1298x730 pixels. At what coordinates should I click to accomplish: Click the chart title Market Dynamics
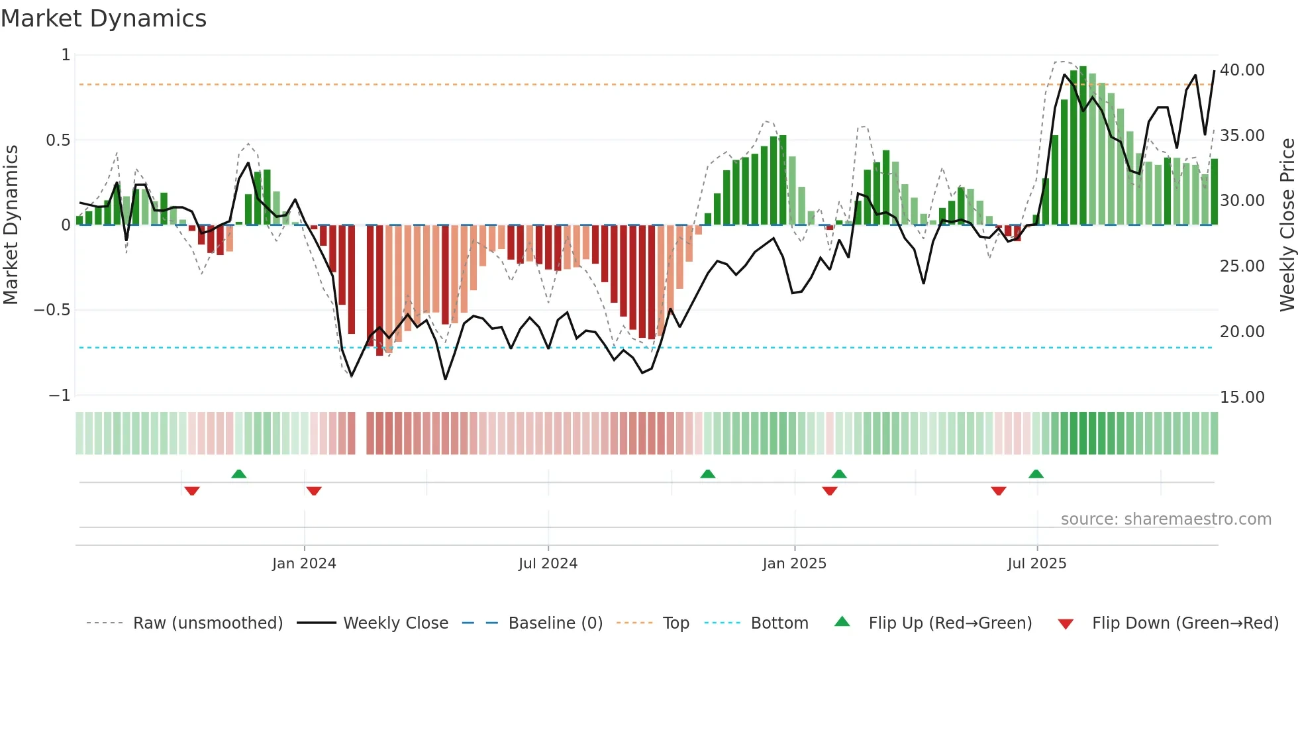pos(103,19)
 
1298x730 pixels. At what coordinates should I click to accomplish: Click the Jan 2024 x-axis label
pos(304,564)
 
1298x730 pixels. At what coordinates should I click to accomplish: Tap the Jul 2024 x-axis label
pos(548,564)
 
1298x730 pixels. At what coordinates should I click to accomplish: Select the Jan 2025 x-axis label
pos(794,564)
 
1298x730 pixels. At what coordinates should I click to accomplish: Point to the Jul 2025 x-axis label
pos(1036,564)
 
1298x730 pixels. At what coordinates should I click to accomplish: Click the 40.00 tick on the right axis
pos(1242,70)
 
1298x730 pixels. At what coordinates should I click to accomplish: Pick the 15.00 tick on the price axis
pos(1242,397)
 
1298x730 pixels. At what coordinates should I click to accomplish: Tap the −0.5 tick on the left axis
pos(52,310)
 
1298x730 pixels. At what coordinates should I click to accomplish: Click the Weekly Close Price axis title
pos(1287,225)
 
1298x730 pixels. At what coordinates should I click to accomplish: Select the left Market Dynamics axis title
pos(11,225)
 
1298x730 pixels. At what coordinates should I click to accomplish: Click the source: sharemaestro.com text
pos(1166,519)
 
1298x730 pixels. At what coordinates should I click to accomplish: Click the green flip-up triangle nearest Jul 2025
pos(1036,474)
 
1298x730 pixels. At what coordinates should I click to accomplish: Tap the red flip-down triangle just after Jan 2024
pos(314,491)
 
